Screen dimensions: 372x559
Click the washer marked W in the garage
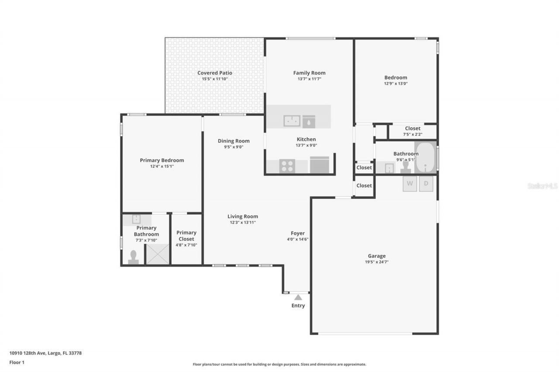[410, 184]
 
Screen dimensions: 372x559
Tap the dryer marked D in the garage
[426, 184]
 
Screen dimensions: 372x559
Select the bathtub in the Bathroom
[425, 157]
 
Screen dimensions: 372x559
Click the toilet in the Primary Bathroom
[133, 257]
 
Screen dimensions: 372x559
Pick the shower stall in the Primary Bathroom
[157, 254]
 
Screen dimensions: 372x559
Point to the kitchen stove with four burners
[287, 166]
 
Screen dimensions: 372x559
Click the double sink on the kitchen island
[292, 121]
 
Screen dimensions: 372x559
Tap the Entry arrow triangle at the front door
[298, 297]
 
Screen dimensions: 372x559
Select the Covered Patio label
[214, 73]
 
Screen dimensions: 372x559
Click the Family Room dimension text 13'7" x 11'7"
[309, 79]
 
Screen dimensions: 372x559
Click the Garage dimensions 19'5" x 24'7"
[376, 262]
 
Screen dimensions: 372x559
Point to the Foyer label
[298, 233]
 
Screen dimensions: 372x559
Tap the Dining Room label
[234, 141]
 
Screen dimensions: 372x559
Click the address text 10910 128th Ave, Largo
[45, 353]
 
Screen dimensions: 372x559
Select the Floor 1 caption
[17, 362]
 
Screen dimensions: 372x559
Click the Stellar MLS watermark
[542, 186]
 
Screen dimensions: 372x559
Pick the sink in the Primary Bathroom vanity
[136, 219]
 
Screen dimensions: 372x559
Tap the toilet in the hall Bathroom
[406, 167]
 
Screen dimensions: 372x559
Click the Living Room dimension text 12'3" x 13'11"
[242, 222]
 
